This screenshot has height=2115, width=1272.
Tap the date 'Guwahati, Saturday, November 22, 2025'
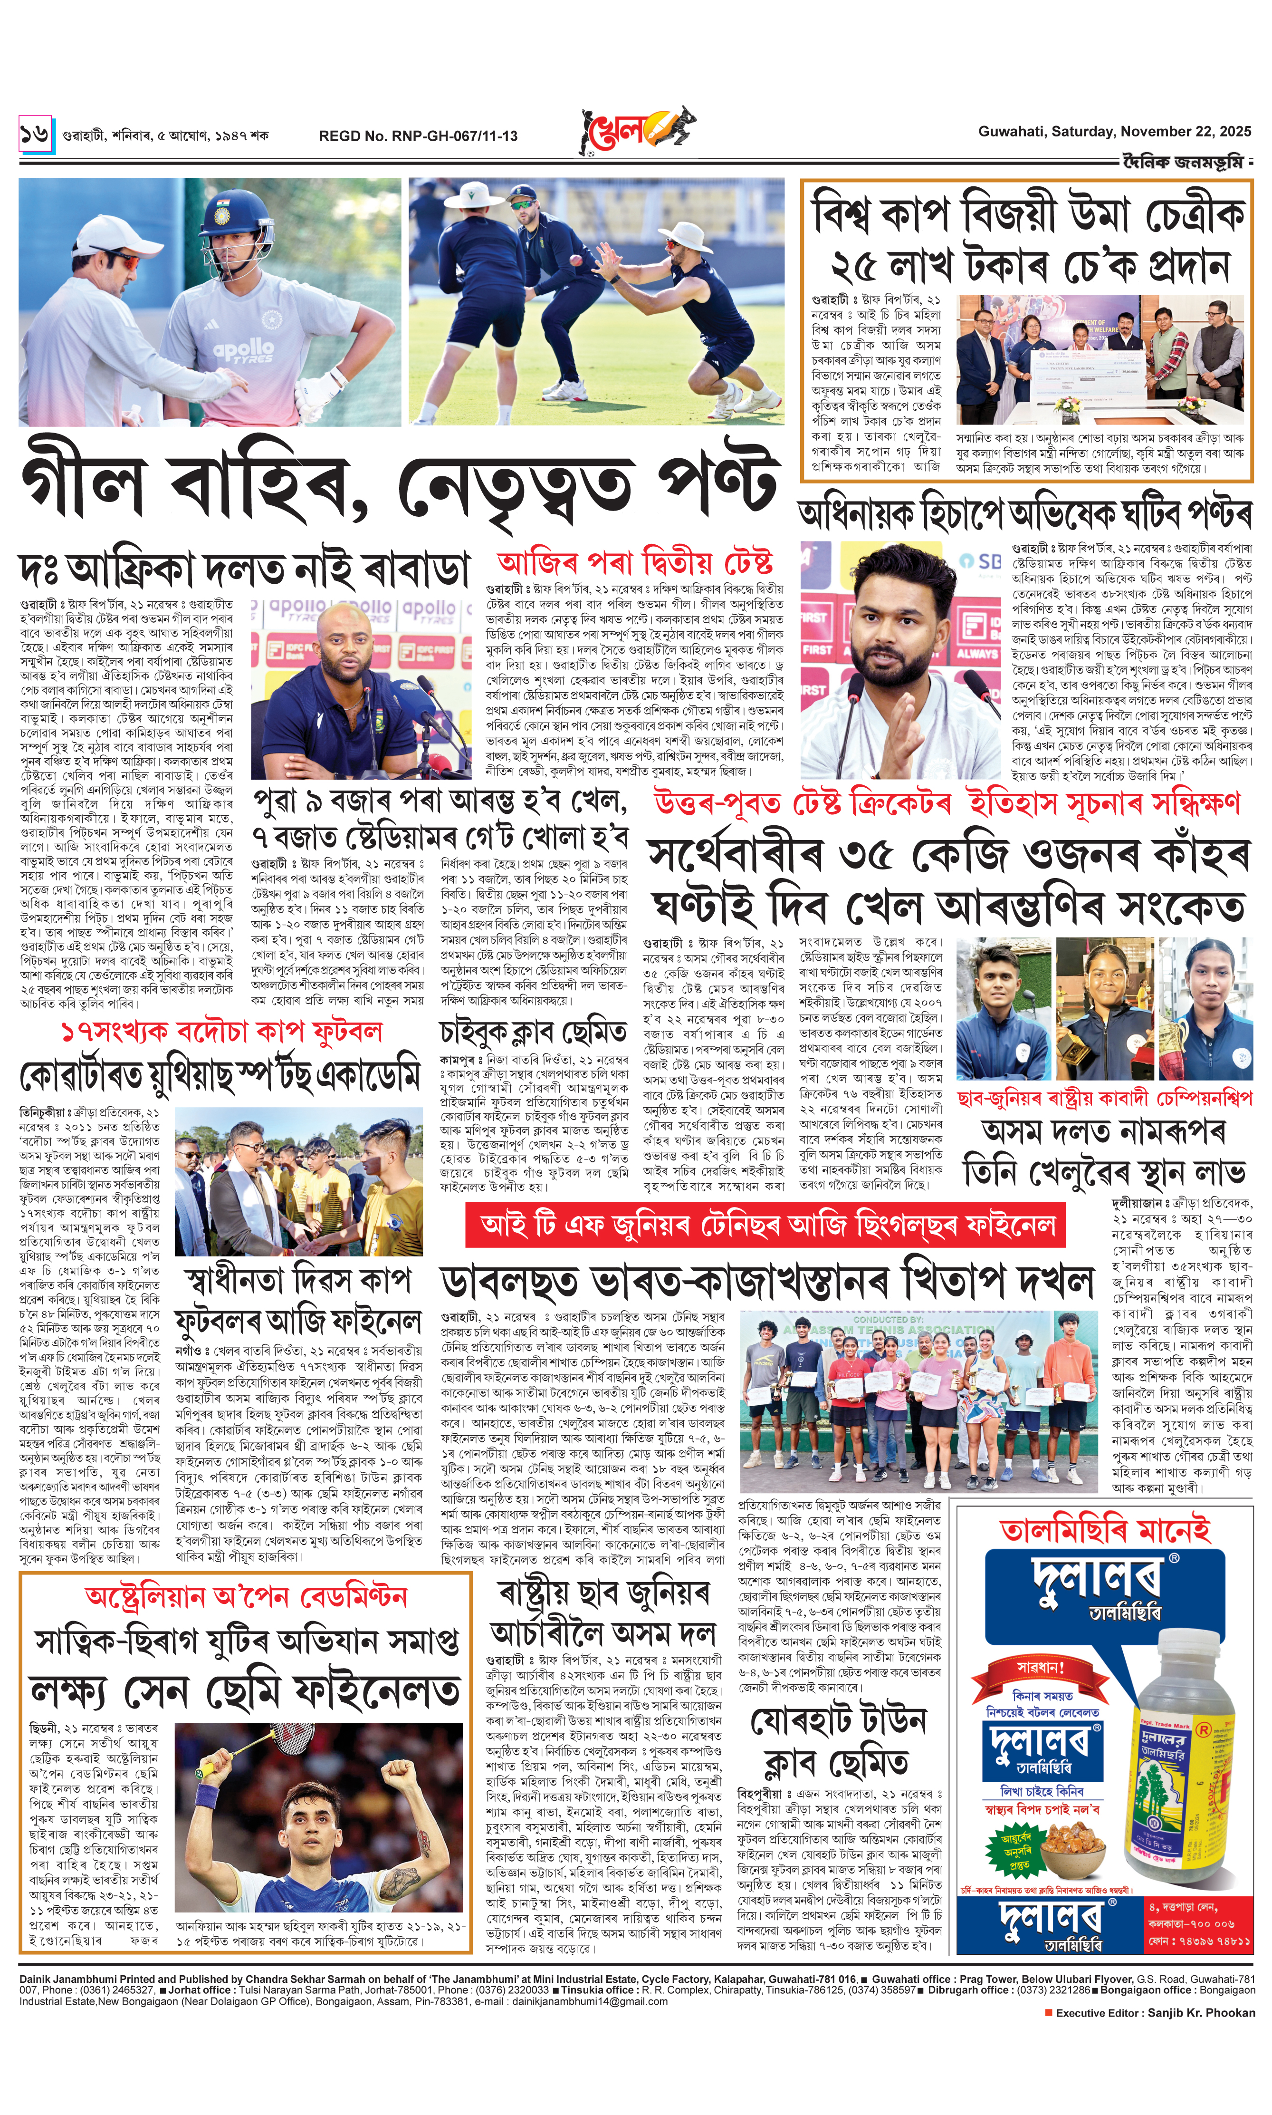coord(1114,131)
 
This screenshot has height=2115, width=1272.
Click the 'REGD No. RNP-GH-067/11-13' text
coord(418,135)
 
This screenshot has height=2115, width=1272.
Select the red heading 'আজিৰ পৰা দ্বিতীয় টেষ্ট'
coord(634,563)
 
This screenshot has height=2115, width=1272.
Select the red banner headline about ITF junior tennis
coord(765,1225)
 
